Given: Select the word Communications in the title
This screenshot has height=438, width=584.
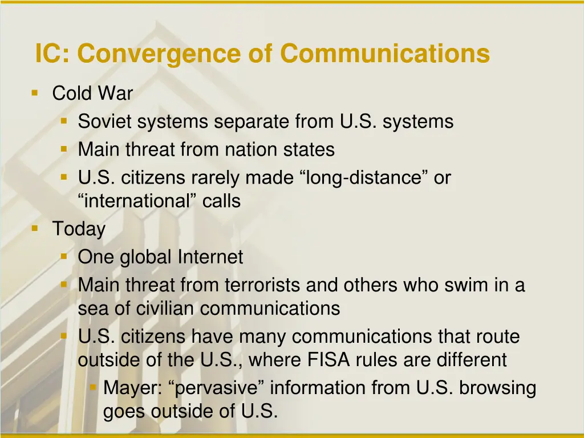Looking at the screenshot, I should pos(385,54).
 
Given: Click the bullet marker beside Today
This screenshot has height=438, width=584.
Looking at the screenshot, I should pos(35,228).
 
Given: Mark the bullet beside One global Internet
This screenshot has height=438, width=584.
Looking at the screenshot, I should pos(64,256).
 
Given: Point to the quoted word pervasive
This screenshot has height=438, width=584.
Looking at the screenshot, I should pos(219,388).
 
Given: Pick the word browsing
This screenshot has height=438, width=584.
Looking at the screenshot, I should pos(498,388).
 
